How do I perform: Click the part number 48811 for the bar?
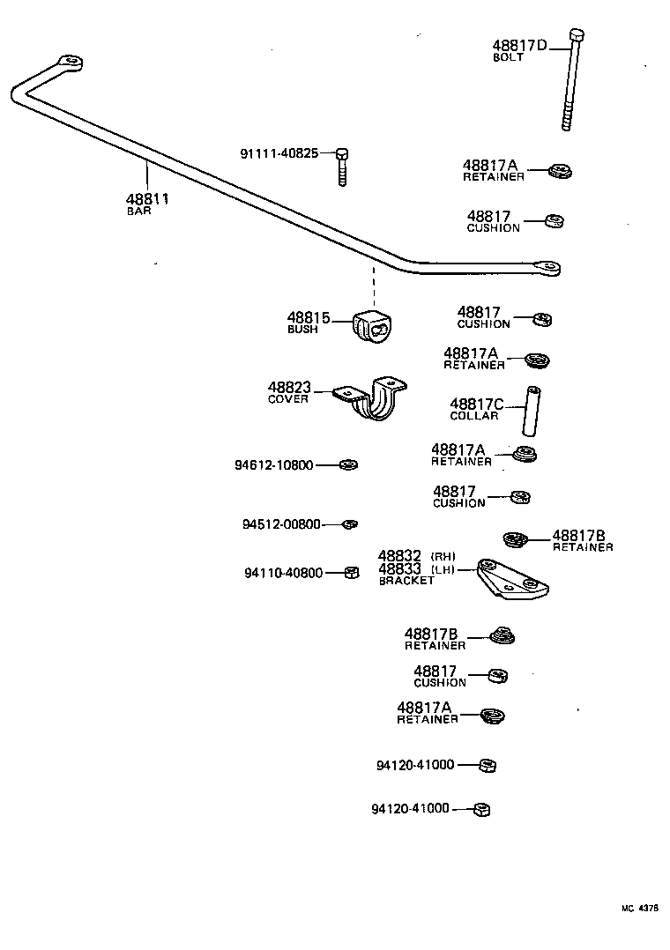(147, 199)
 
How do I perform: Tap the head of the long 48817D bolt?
(577, 35)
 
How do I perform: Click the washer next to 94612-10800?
(349, 464)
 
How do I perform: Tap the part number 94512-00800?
(282, 524)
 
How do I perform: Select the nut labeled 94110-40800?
(350, 572)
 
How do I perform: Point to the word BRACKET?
(406, 582)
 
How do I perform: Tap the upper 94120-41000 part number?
(414, 765)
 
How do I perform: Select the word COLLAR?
(474, 416)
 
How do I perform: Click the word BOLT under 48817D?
(508, 57)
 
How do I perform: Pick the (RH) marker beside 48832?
(443, 556)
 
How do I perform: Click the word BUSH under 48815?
(302, 330)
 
